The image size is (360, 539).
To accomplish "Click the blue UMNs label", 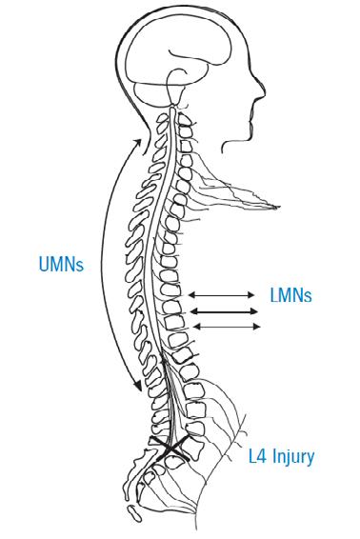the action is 61,265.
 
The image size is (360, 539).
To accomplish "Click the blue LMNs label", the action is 290,295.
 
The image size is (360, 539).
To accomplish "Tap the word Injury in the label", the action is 293,457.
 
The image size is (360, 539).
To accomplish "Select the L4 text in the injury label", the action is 257,457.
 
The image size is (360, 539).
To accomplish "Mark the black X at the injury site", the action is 170,448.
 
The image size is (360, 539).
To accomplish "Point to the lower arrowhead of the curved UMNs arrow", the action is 138,386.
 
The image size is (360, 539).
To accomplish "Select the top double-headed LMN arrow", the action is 222,294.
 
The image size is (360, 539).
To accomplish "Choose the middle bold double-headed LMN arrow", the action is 224,311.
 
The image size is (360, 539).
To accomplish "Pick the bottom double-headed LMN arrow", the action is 227,327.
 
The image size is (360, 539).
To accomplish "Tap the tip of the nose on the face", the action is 264,92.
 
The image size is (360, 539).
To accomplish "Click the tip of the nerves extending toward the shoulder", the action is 278,207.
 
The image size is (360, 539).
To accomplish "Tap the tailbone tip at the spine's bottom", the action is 135,513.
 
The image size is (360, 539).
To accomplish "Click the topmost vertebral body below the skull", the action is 185,120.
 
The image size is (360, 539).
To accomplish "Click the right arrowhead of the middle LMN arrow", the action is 255,311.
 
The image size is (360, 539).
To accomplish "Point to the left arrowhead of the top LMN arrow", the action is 191,294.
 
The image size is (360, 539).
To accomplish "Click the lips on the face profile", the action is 253,114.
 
